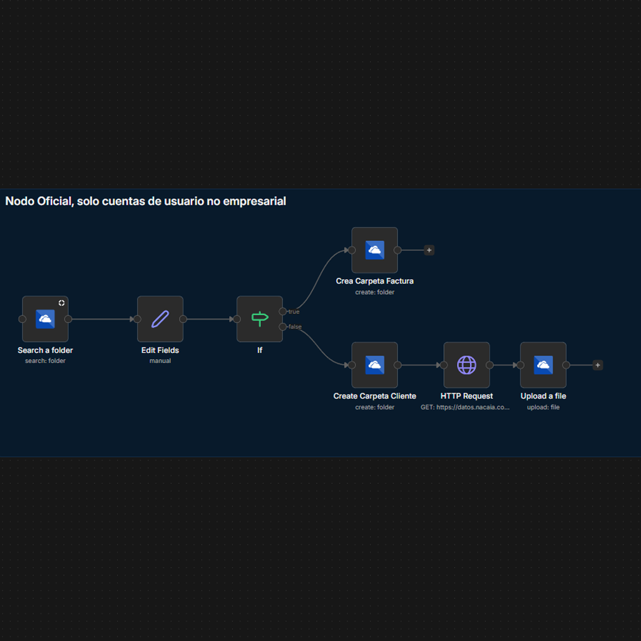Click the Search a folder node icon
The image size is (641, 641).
tap(45, 319)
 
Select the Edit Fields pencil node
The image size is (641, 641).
tap(160, 319)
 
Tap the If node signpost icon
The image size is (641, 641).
tap(260, 319)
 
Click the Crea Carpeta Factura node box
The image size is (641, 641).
tap(374, 250)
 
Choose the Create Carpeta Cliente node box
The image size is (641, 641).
tap(374, 365)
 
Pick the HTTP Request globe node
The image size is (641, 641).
tap(466, 365)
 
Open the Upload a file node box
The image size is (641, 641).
tap(543, 365)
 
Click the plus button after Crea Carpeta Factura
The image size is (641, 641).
tap(429, 250)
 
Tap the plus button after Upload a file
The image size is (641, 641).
tap(598, 365)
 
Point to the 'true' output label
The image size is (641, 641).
tap(294, 312)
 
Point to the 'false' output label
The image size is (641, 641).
tap(295, 327)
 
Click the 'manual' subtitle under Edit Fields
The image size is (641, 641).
tap(160, 361)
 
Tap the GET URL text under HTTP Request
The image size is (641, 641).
tap(466, 407)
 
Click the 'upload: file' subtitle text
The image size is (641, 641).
tap(543, 407)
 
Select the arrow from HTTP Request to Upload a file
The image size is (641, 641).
tap(505, 365)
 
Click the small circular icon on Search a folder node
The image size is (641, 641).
tap(61, 303)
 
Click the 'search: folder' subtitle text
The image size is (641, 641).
tap(45, 361)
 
